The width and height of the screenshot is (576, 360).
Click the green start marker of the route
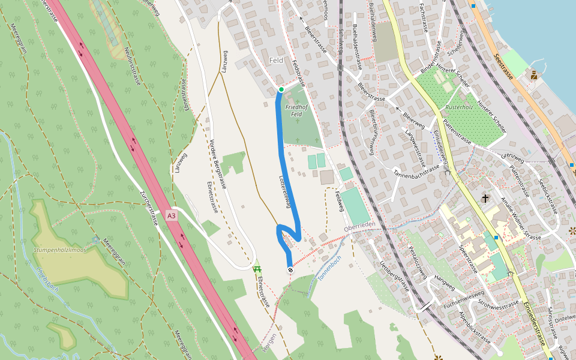click(281, 89)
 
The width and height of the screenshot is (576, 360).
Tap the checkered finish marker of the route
click(290, 271)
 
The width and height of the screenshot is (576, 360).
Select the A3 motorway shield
click(172, 215)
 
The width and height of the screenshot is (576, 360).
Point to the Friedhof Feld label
click(295, 110)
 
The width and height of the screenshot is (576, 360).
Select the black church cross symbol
click(485, 198)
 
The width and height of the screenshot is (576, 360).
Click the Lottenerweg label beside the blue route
click(286, 191)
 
